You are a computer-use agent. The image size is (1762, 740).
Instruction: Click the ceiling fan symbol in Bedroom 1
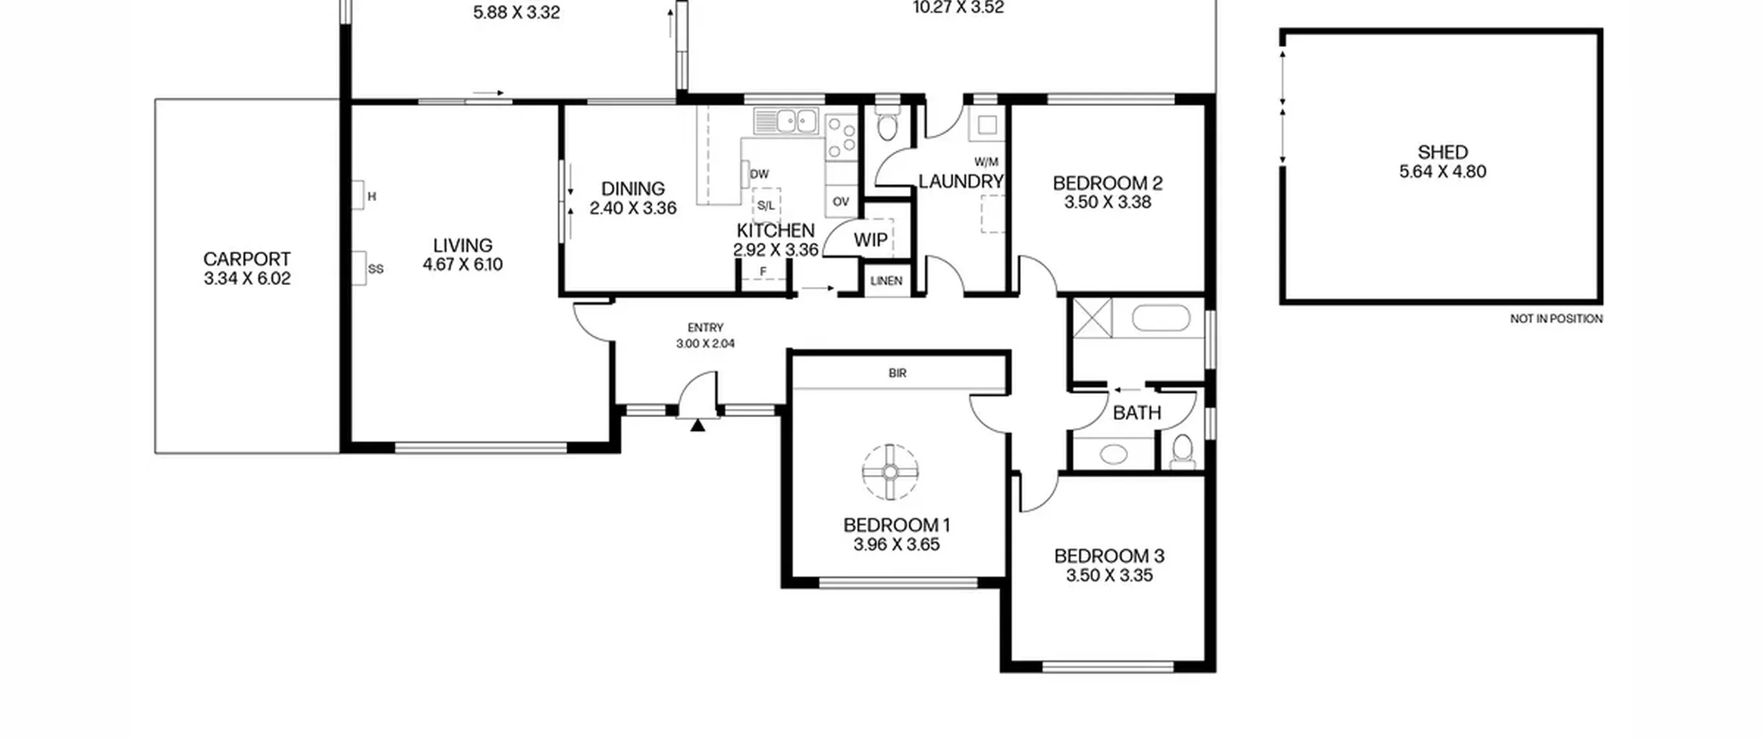pyautogui.click(x=890, y=472)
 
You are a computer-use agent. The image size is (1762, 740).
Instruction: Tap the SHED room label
pyautogui.click(x=1443, y=152)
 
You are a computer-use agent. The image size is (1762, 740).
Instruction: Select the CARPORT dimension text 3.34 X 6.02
pyautogui.click(x=247, y=279)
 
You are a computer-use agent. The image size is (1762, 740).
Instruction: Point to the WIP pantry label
pyautogui.click(x=871, y=240)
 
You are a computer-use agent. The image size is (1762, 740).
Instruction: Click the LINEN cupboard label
pyautogui.click(x=886, y=281)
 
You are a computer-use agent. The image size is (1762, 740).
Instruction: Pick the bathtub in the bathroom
pyautogui.click(x=1161, y=318)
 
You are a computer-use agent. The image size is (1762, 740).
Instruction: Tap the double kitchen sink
pyautogui.click(x=786, y=121)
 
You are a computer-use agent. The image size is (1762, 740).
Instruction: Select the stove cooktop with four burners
pyautogui.click(x=841, y=136)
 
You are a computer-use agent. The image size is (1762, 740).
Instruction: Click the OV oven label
pyautogui.click(x=840, y=202)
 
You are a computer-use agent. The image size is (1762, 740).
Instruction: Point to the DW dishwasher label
pyautogui.click(x=759, y=174)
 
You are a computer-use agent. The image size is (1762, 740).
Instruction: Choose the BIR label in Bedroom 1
pyautogui.click(x=898, y=373)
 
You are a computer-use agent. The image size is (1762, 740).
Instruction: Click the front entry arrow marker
pyautogui.click(x=698, y=425)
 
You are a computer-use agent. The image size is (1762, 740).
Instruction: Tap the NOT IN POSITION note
pyautogui.click(x=1556, y=319)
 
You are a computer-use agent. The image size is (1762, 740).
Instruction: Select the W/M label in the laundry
pyautogui.click(x=986, y=162)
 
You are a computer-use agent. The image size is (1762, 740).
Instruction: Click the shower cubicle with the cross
pyautogui.click(x=1092, y=318)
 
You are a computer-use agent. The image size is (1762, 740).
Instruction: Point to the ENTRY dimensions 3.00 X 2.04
pyautogui.click(x=705, y=343)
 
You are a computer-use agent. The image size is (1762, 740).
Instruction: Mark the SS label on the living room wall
pyautogui.click(x=376, y=269)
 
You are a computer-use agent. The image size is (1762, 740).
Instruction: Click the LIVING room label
pyautogui.click(x=463, y=245)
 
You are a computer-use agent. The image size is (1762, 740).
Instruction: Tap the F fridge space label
pyautogui.click(x=763, y=272)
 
